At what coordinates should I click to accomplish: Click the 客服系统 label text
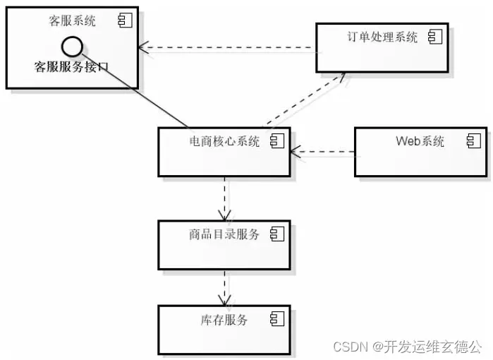tap(72, 21)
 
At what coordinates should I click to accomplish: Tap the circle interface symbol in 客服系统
tap(72, 47)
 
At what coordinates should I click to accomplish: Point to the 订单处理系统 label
tap(382, 37)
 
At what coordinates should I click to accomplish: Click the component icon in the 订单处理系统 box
tap(434, 37)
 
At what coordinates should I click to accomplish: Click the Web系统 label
tap(420, 141)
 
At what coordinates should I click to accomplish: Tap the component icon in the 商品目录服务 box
tap(277, 234)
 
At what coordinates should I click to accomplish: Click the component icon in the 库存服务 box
tap(277, 320)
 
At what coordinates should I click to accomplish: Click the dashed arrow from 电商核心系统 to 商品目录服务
tap(225, 198)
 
